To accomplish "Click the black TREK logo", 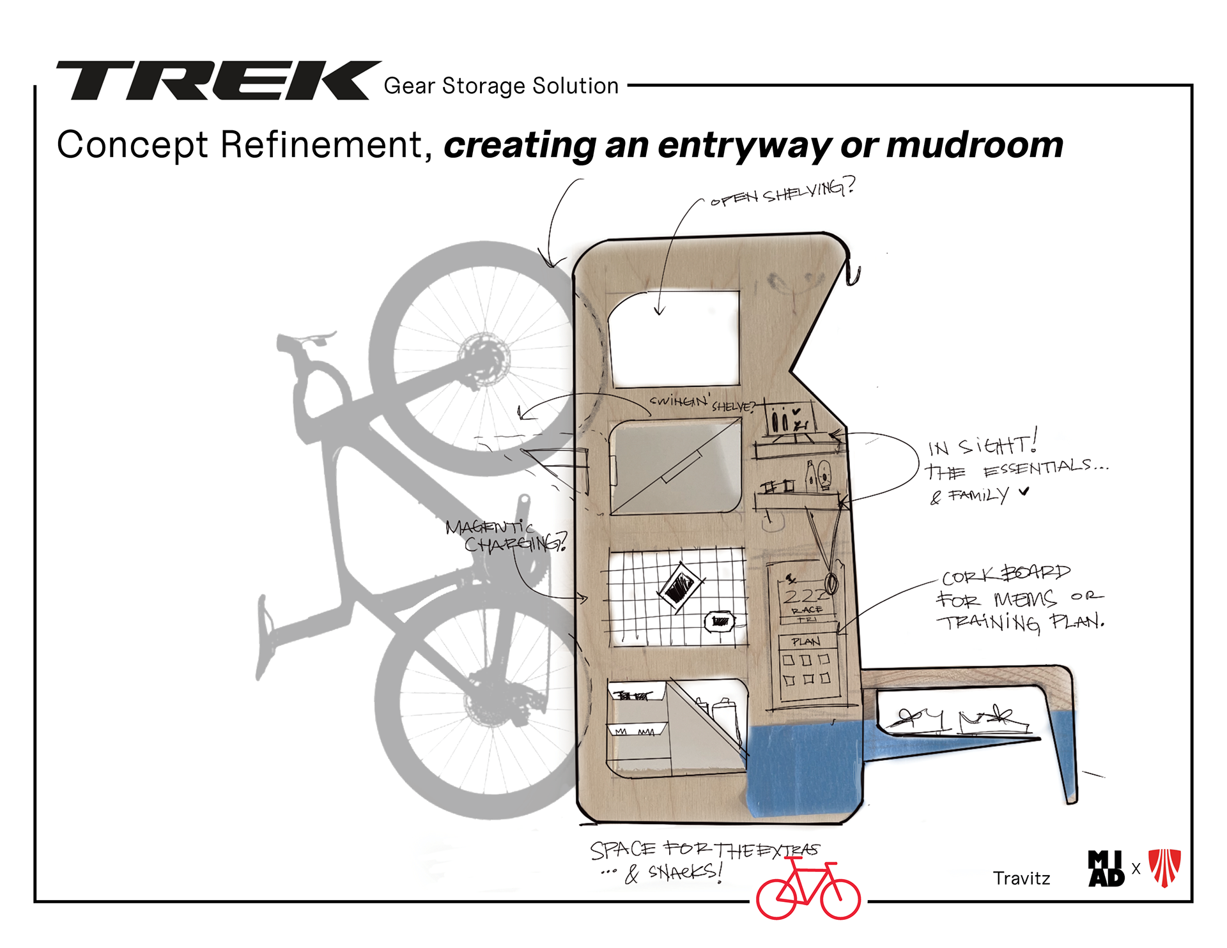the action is point(217,80).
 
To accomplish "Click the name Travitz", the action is point(1021,878).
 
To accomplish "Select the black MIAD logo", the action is point(1106,869).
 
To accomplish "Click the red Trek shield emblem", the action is point(1164,868).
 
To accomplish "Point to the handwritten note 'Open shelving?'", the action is point(782,192).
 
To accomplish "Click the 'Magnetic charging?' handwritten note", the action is point(505,535).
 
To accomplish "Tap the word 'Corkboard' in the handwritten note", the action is point(1005,574).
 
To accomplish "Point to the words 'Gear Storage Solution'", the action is point(501,86).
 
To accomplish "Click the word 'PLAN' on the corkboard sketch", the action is point(805,641).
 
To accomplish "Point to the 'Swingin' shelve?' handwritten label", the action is point(702,403).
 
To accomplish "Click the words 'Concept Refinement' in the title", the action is point(240,145).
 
